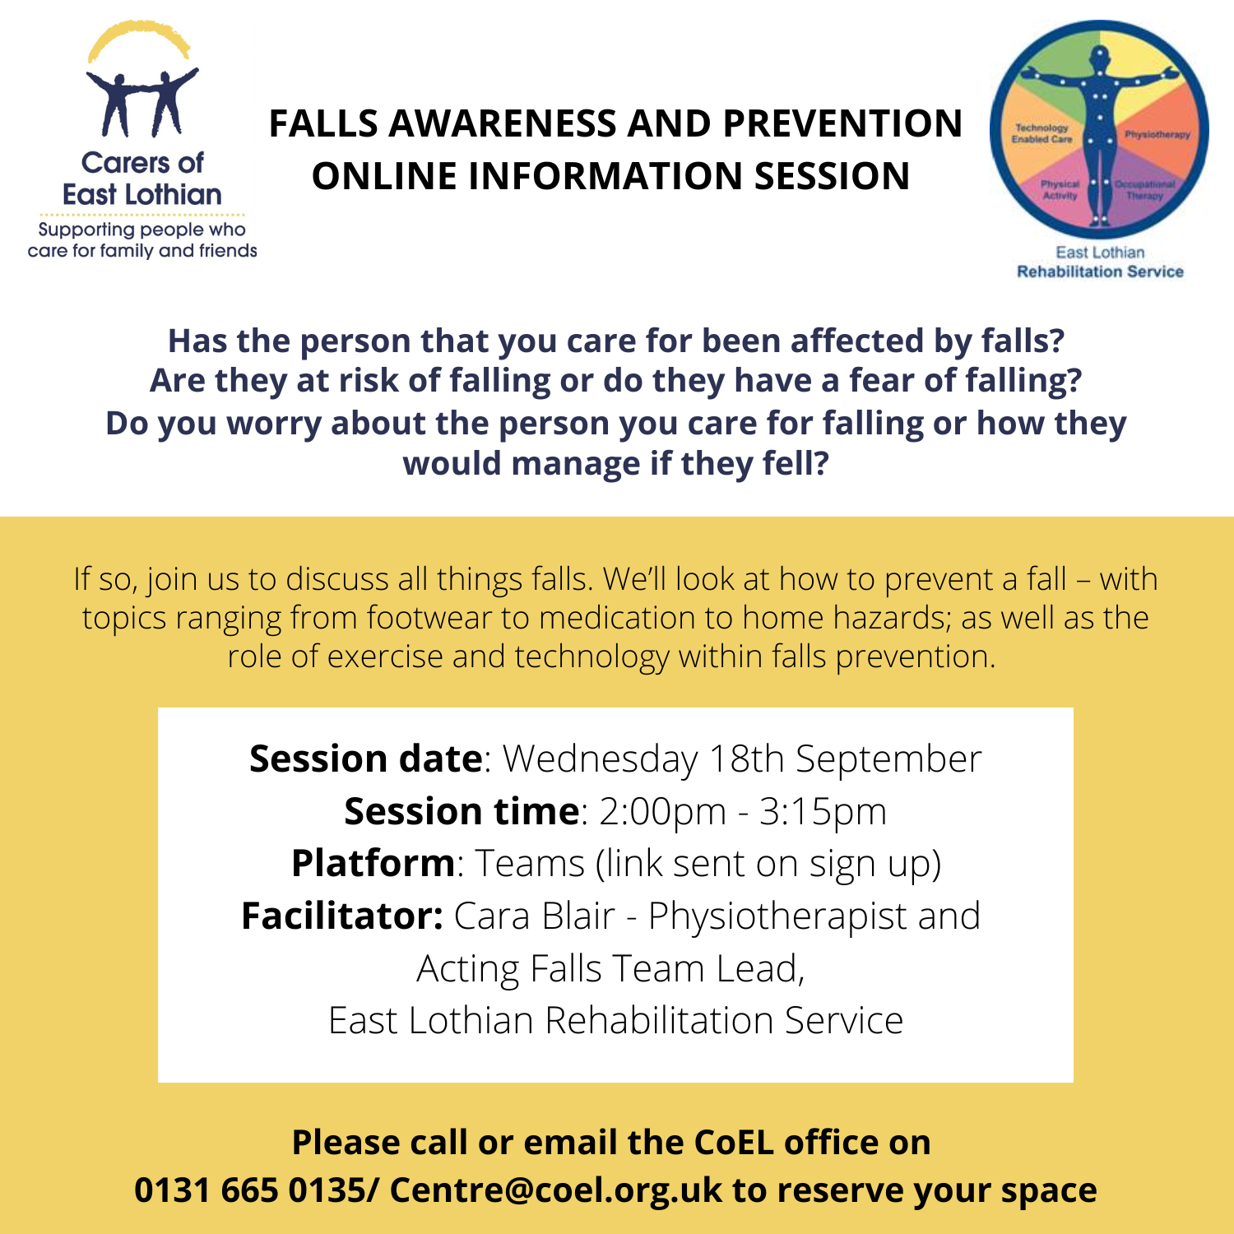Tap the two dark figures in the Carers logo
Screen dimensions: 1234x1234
click(141, 102)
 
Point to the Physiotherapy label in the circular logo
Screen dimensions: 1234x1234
click(1157, 134)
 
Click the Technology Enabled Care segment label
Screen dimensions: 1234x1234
click(1042, 133)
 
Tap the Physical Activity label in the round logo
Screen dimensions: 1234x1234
click(1060, 190)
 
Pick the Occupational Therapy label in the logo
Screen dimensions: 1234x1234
click(1145, 190)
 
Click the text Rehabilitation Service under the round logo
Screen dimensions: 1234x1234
click(1100, 271)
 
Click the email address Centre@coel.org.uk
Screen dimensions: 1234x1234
click(556, 1190)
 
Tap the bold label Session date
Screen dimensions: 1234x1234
click(365, 758)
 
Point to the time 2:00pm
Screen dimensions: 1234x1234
click(663, 812)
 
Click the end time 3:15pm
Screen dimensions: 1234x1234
click(823, 812)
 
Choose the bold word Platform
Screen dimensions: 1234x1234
click(373, 864)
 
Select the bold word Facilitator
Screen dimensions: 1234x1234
click(342, 916)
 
